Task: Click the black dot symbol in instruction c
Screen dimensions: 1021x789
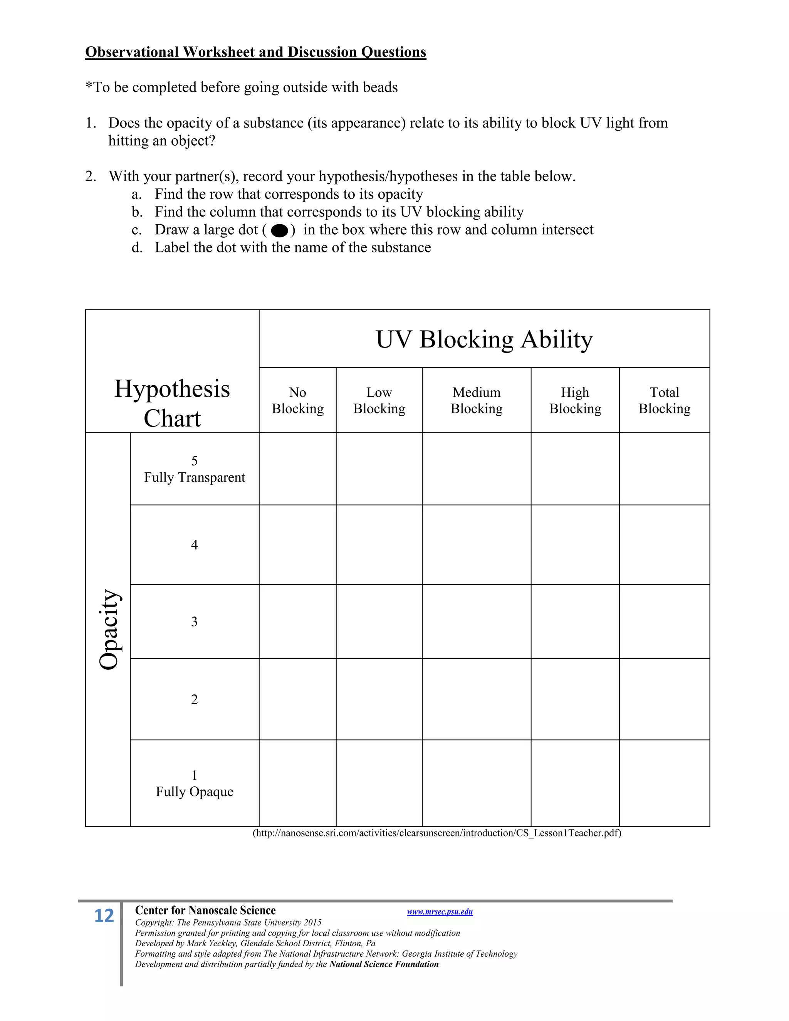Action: [x=279, y=230]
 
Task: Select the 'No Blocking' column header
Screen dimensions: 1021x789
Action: [x=298, y=400]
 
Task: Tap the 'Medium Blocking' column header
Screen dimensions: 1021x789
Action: [x=476, y=400]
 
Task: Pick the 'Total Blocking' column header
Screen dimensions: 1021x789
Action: [x=664, y=400]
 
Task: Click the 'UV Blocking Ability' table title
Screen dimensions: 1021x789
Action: [x=484, y=339]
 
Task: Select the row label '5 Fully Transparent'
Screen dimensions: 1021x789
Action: [x=195, y=469]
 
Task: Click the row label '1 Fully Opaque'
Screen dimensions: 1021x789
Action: [x=195, y=784]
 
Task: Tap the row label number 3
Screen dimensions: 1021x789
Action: [x=195, y=622]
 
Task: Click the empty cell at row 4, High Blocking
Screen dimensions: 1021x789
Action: [x=575, y=545]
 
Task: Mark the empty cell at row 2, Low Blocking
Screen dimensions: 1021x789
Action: [x=379, y=699]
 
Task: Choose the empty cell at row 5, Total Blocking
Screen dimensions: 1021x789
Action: [x=664, y=469]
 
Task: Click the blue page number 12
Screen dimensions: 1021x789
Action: [x=104, y=916]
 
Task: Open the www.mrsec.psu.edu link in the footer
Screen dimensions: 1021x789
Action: [x=440, y=912]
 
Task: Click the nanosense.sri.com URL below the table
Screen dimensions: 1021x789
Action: [x=437, y=833]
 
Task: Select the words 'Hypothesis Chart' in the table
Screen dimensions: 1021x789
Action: [x=172, y=403]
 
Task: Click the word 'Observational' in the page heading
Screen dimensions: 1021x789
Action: [x=132, y=52]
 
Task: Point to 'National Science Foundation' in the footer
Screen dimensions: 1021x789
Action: [x=384, y=964]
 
